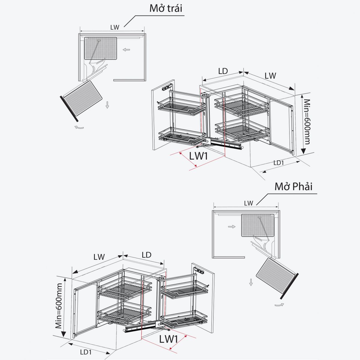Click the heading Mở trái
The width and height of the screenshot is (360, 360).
click(166, 8)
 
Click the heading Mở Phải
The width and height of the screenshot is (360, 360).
click(293, 186)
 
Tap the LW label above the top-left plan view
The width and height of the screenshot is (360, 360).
click(115, 27)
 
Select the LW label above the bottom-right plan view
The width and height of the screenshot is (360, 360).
click(248, 203)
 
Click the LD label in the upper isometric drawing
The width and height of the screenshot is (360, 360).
click(223, 71)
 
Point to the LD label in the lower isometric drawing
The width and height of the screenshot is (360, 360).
click(146, 255)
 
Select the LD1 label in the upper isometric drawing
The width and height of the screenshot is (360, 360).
click(278, 163)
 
